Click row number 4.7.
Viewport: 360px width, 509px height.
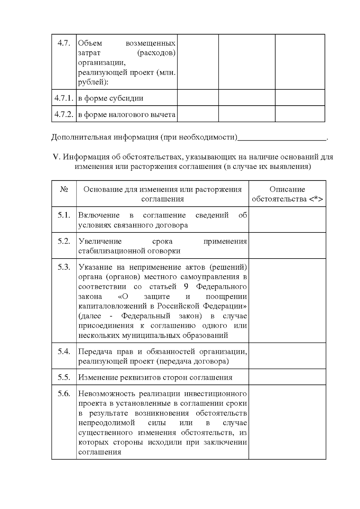[64, 43]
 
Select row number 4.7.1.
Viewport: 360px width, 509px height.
[64, 98]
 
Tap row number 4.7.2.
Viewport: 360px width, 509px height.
[64, 114]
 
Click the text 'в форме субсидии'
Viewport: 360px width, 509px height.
[111, 98]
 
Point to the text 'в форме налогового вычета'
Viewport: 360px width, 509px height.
[127, 114]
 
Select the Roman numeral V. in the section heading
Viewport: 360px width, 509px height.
[57, 157]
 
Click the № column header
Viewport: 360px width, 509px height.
[64, 189]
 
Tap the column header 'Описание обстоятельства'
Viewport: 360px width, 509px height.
[287, 194]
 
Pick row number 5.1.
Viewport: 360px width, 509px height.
[64, 215]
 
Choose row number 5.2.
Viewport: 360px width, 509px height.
[64, 241]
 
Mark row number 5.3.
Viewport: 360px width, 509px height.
[64, 267]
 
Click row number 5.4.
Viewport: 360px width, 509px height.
[64, 351]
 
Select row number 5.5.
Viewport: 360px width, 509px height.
[64, 377]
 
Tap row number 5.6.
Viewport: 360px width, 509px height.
[64, 394]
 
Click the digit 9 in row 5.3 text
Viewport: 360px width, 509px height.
[186, 286]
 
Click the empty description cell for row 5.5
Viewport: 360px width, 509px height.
[287, 377]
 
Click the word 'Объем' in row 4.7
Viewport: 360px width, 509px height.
[90, 43]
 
